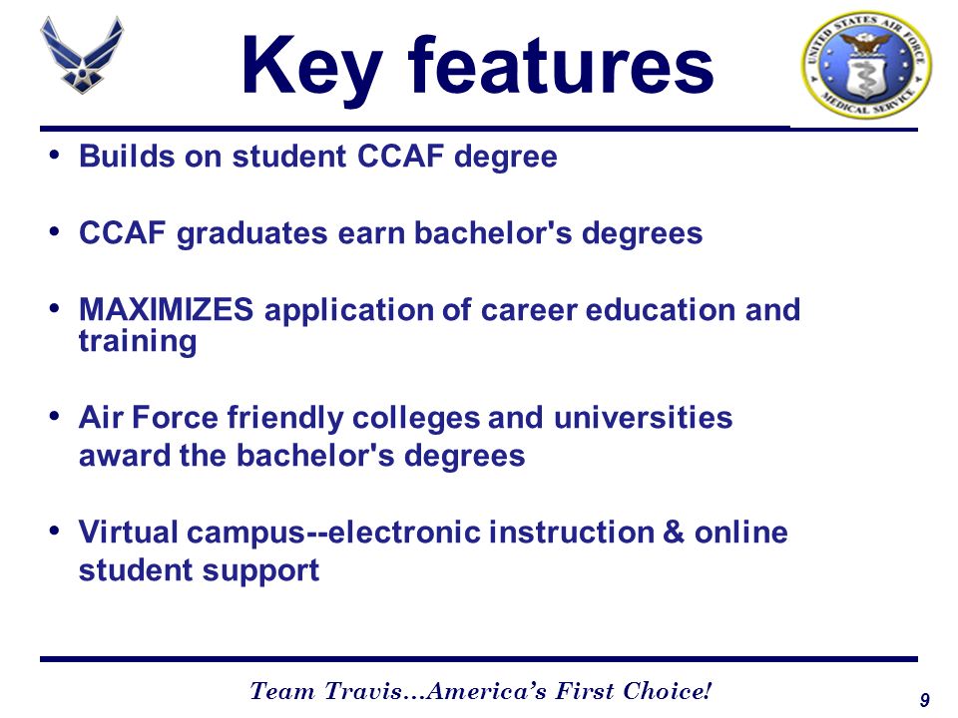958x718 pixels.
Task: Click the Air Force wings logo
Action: (82, 54)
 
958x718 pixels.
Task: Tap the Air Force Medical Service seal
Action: (866, 65)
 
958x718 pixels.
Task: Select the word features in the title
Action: (561, 65)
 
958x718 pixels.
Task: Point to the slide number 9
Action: (924, 700)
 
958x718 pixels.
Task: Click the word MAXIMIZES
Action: (167, 309)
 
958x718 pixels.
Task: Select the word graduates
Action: (252, 234)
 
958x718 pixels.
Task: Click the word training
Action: (138, 342)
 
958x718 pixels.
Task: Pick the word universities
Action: (643, 418)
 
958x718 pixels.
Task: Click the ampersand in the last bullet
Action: (673, 532)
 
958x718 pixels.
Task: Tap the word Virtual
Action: (129, 532)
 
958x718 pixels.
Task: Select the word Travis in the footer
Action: (363, 691)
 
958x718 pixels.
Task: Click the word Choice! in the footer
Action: (668, 691)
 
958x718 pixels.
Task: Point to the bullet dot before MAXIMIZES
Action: (55, 308)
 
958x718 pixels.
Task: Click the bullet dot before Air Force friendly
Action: (55, 417)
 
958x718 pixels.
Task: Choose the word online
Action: (741, 532)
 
